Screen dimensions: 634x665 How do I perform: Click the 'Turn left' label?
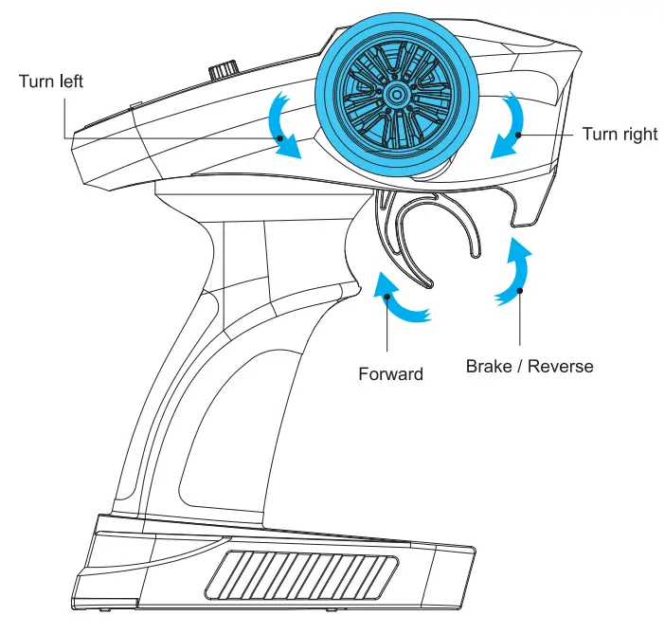coord(51,81)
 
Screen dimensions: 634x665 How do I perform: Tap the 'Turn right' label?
coord(620,134)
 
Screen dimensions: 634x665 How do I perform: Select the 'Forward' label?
coord(390,373)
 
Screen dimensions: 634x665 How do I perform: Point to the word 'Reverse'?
coord(562,365)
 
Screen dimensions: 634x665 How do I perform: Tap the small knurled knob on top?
coord(225,70)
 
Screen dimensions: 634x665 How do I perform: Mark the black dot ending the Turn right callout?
coord(519,135)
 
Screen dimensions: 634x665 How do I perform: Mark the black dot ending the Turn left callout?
coord(280,138)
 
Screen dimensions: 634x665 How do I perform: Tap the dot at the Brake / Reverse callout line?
coord(519,292)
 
